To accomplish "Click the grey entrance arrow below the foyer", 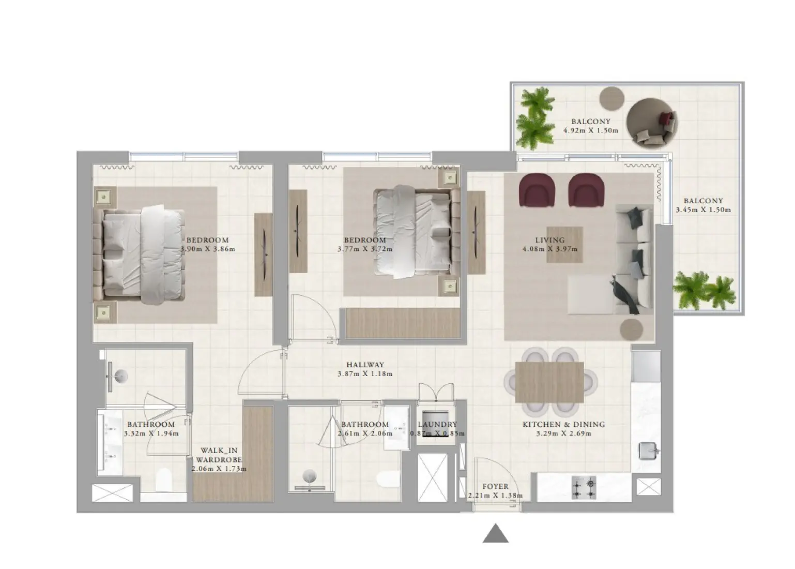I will [495, 534].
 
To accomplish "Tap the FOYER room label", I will [495, 486].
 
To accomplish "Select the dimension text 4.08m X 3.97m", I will [549, 249].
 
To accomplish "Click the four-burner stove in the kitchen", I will [584, 487].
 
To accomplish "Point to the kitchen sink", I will [649, 451].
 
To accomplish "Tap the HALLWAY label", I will [365, 365].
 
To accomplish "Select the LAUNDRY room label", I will [437, 424].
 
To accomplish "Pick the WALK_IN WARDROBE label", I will [219, 455].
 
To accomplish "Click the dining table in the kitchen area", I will [549, 382].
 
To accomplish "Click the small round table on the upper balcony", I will [612, 96].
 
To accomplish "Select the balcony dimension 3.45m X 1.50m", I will [703, 210].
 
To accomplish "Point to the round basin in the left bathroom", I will [121, 377].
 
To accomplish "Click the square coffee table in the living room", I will [564, 244].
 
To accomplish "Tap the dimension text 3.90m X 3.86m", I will [208, 249].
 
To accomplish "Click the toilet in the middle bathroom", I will [387, 481].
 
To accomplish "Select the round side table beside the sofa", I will [632, 328].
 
